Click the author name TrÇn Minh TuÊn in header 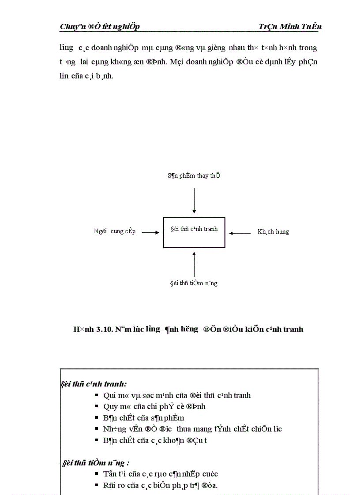(x=290, y=26)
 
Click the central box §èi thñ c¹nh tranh (x=194, y=232)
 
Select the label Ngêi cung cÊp (x=115, y=231)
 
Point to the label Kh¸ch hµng (x=273, y=231)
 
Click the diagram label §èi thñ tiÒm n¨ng (x=194, y=283)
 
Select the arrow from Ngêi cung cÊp (x=150, y=232)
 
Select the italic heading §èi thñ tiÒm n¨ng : (x=95, y=463)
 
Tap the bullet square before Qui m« (x=96, y=395)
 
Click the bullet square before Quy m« (x=96, y=406)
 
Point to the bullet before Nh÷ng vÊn (x=96, y=428)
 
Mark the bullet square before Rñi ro (x=96, y=485)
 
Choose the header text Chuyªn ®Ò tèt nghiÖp (x=100, y=26)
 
